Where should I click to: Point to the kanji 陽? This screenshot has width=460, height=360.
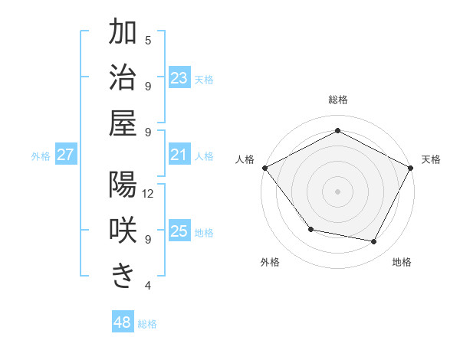123,185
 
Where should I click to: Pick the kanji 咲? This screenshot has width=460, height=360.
123,231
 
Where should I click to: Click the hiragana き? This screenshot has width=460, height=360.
123,276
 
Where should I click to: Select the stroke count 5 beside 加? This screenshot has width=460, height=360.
148,40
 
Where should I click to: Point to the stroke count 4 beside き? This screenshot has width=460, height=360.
148,286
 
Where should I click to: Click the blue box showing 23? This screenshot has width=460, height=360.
179,78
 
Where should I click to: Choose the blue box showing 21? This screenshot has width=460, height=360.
179,155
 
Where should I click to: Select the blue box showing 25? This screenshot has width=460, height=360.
179,232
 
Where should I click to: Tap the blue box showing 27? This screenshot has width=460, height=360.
65,155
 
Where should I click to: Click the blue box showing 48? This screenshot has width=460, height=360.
123,322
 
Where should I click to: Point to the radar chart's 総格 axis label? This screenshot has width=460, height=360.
338,100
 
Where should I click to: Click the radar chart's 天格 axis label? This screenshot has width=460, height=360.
431,159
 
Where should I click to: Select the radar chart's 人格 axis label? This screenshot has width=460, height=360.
245,159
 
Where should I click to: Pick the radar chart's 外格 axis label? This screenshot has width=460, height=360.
270,262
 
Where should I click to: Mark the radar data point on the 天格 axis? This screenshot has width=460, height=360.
412,168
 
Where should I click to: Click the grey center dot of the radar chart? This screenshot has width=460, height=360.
338,191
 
